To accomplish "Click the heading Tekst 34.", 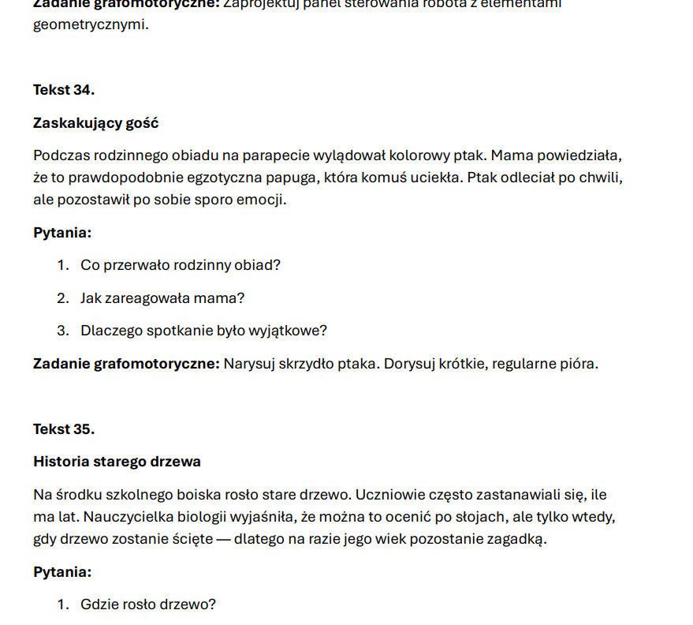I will point(64,90).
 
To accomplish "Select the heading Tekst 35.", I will point(64,429).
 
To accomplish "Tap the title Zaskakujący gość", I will point(95,123).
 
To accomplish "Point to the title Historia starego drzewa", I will point(117,462).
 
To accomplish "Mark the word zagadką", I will point(516,540).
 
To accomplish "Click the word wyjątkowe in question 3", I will point(291,331).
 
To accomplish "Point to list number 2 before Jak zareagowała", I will point(62,298).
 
